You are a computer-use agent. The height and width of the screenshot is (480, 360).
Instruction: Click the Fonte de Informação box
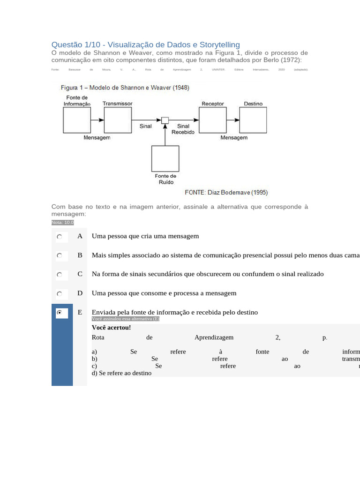[77, 120]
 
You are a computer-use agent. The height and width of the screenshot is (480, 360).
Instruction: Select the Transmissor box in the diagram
[117, 120]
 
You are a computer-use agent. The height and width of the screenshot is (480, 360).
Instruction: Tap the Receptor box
[213, 120]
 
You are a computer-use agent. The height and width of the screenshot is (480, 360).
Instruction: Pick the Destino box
[253, 120]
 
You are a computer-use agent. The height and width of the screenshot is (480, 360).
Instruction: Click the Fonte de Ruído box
[165, 158]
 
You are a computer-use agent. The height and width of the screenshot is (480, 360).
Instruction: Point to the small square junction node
[165, 120]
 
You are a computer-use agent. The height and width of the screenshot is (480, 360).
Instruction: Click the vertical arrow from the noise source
[165, 135]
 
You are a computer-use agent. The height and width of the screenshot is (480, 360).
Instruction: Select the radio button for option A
[60, 237]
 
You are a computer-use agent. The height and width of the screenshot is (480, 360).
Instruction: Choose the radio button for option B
[60, 256]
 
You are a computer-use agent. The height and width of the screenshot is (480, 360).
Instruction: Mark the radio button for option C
[60, 275]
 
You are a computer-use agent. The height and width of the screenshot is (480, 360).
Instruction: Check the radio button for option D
[60, 294]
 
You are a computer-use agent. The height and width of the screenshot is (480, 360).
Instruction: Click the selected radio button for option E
[60, 312]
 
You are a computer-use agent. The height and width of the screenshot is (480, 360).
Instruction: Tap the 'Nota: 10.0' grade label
[62, 223]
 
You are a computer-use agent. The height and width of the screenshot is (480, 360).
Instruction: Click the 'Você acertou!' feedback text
[112, 328]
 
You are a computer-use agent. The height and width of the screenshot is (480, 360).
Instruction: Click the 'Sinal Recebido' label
[183, 129]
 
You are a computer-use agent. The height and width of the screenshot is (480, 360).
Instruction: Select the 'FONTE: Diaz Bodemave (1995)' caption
[226, 193]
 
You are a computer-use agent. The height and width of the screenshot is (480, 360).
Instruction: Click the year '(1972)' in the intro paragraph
[292, 60]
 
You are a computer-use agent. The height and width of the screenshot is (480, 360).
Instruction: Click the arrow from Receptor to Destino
[233, 120]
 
